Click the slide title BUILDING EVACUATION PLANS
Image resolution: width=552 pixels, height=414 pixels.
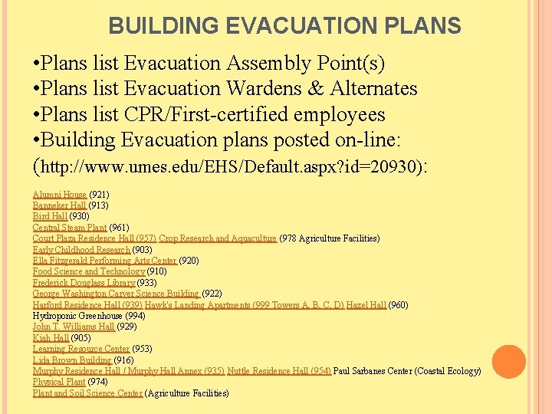[284, 26]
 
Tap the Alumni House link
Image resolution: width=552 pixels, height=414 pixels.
[60, 195]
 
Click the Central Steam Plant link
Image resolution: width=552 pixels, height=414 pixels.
[70, 228]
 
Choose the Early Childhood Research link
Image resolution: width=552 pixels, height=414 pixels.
[81, 250]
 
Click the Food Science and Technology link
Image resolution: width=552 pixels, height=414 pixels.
[88, 271]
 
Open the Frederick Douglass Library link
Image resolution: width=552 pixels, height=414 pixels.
[84, 283]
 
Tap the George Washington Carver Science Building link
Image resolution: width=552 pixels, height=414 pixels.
[116, 294]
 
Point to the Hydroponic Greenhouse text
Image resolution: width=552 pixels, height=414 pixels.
[78, 316]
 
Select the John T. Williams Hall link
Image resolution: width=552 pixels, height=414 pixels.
[73, 327]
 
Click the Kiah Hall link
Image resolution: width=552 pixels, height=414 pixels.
[51, 338]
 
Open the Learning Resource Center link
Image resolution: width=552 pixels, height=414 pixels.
[81, 349]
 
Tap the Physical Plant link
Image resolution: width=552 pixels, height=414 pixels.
[59, 382]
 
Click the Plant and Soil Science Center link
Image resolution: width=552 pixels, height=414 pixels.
[87, 393]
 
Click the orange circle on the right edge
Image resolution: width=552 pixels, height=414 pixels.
[508, 362]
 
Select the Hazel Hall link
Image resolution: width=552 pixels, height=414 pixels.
[366, 305]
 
